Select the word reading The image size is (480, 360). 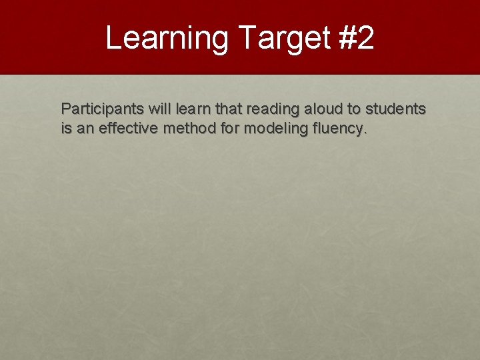(x=273, y=109)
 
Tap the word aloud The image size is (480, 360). (x=322, y=109)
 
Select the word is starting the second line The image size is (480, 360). (x=66, y=128)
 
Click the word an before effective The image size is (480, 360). (x=85, y=128)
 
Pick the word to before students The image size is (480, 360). (x=353, y=109)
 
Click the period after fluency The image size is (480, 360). (x=364, y=132)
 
